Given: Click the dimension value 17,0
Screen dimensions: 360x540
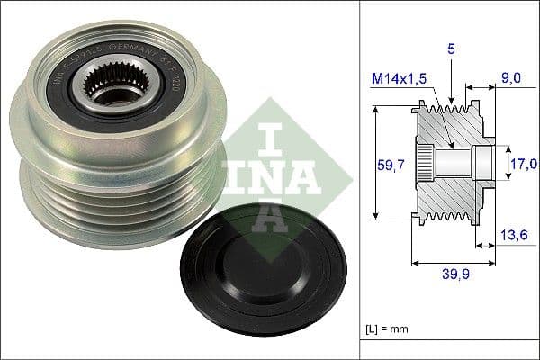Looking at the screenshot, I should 524,164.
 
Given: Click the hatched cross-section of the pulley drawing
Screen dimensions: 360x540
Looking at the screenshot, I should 454,193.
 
